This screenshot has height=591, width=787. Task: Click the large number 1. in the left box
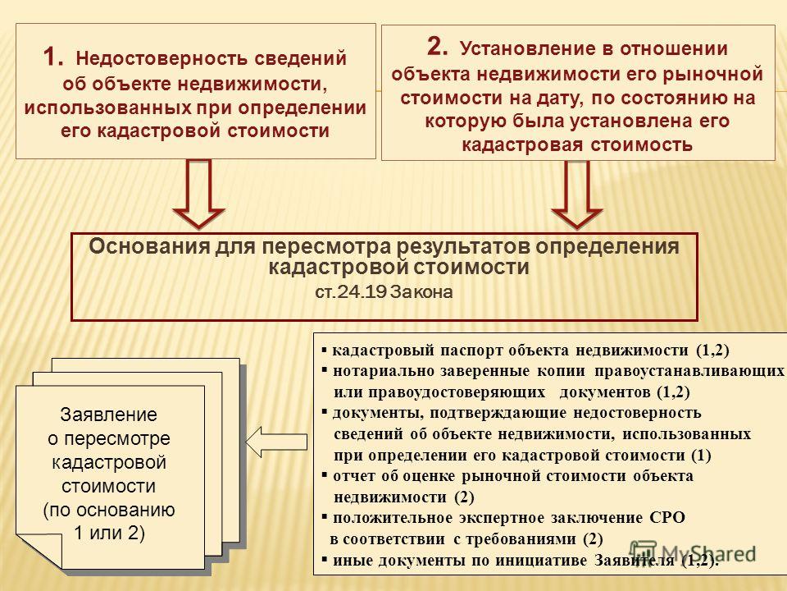[x=52, y=57]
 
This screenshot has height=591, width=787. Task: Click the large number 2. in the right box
[x=437, y=46]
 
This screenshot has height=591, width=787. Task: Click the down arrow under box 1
[x=198, y=194]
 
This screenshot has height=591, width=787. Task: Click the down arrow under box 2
[x=577, y=195]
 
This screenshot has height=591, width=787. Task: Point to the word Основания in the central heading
[x=149, y=247]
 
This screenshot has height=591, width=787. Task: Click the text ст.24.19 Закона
[x=384, y=292]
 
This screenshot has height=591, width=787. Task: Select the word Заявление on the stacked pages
[x=108, y=415]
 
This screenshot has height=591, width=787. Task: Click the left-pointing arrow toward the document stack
[x=276, y=442]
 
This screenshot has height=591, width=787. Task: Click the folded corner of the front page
[x=39, y=550]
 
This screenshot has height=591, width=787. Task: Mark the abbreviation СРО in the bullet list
[x=667, y=518]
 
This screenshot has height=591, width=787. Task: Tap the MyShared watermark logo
[x=693, y=552]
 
